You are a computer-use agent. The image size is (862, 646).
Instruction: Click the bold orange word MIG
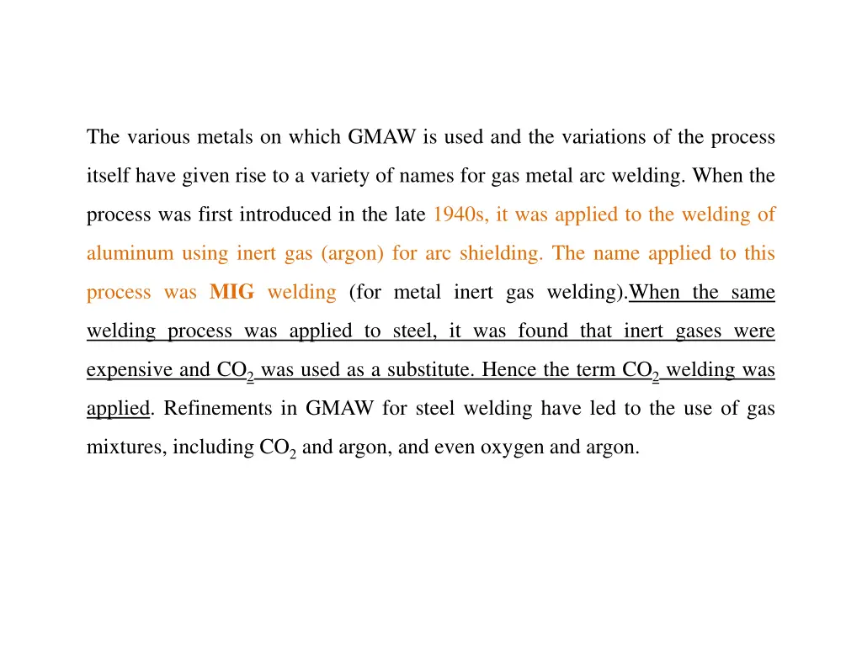(231, 293)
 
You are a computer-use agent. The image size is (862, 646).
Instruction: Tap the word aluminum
(130, 253)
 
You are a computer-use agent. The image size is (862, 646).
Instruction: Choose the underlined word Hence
(507, 370)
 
